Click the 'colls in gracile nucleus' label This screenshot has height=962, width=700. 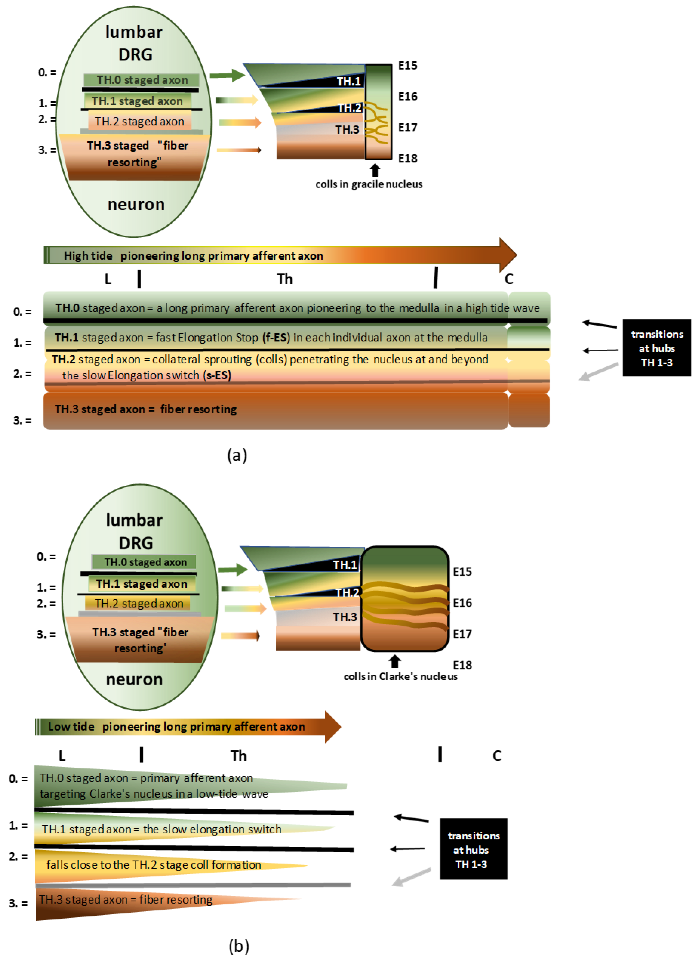coord(369,184)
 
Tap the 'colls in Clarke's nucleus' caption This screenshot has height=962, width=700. coord(400,676)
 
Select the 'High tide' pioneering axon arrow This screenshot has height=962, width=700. coord(280,255)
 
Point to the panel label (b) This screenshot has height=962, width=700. coord(239,946)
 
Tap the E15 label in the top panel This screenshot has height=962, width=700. coord(408,65)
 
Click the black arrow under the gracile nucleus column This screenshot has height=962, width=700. coord(375,170)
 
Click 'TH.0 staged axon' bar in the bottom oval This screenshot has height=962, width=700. coord(144,562)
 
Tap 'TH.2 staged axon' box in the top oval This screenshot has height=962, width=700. coord(139,121)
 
